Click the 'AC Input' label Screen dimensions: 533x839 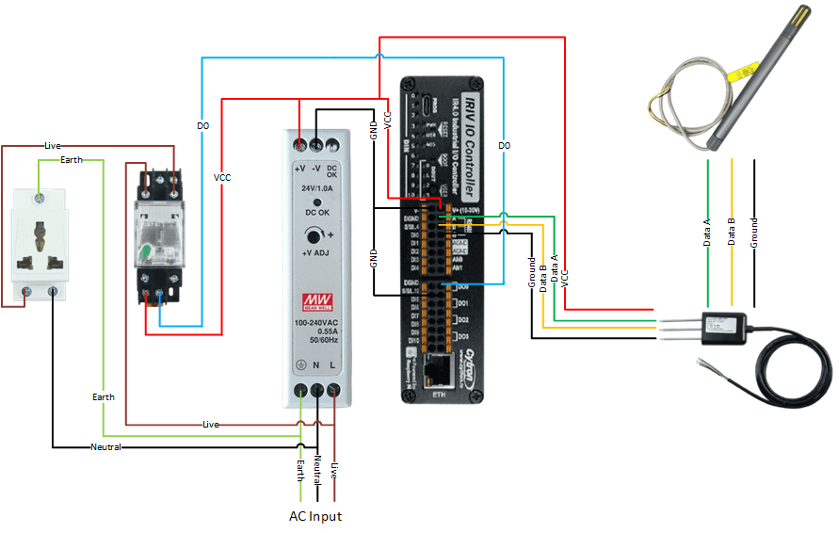pyautogui.click(x=315, y=516)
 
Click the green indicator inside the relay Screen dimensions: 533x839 pyautogui.click(x=146, y=252)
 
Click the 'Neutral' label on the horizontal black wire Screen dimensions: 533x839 pyautogui.click(x=105, y=446)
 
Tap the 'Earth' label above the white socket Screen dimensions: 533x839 pyautogui.click(x=72, y=160)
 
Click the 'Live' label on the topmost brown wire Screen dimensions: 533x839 pyautogui.click(x=53, y=146)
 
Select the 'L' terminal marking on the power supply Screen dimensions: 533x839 pyautogui.click(x=335, y=365)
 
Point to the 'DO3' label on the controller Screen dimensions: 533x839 pyautogui.click(x=462, y=320)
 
